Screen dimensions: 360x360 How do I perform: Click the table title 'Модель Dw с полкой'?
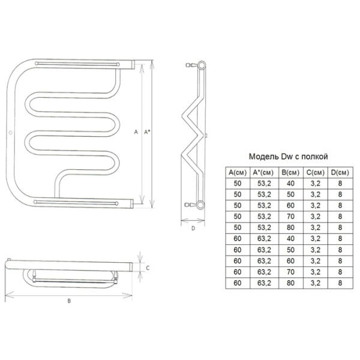[289, 157]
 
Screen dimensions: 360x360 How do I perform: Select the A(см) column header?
[238, 172]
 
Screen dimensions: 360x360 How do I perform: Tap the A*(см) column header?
[263, 172]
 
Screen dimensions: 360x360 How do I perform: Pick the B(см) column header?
[290, 172]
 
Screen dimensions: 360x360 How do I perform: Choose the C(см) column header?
[316, 172]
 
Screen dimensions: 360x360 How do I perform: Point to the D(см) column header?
[340, 172]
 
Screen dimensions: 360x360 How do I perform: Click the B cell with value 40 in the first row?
[290, 184]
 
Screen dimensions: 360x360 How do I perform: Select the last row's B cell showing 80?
[290, 283]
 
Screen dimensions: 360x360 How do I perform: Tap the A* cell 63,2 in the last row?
[264, 283]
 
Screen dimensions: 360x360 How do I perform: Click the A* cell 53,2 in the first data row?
[264, 184]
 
